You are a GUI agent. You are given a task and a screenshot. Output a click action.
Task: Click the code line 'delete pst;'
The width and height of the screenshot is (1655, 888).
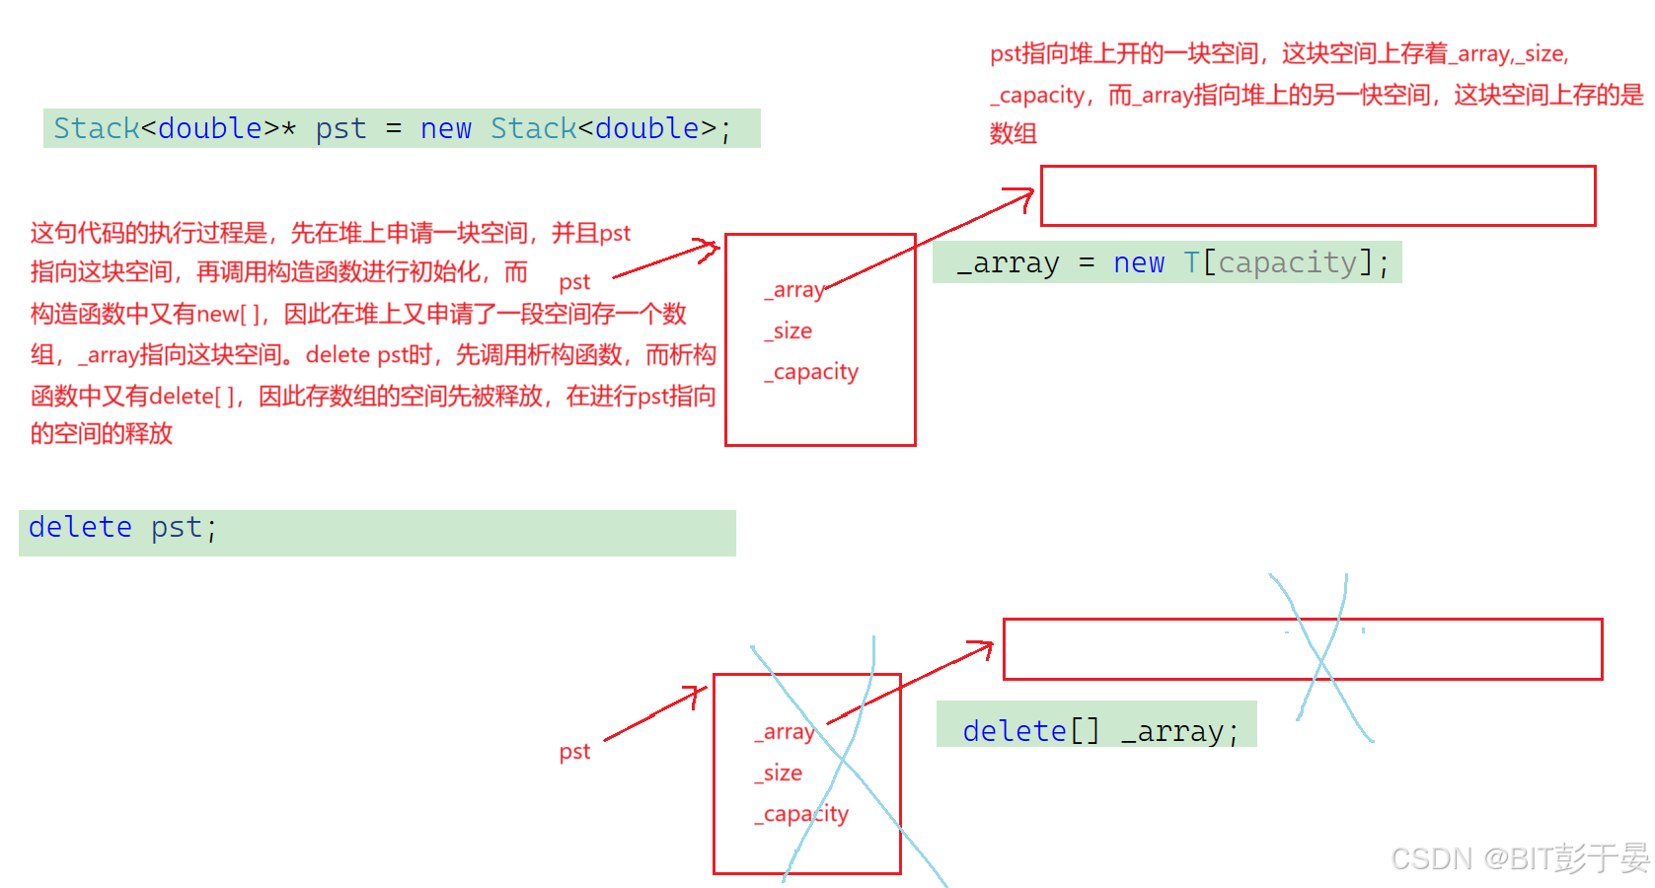(x=122, y=528)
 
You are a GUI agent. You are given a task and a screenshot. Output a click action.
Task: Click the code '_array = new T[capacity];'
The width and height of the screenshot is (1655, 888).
(x=1171, y=263)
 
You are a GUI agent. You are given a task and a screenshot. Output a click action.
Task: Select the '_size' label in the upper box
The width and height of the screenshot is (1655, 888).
(x=788, y=331)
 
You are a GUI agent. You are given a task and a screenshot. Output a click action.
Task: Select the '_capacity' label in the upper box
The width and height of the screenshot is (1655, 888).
(x=811, y=372)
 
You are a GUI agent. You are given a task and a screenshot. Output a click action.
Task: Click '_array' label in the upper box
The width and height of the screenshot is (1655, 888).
(x=793, y=289)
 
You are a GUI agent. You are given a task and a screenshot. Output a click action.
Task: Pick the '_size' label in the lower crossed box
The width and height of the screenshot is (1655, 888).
(x=778, y=773)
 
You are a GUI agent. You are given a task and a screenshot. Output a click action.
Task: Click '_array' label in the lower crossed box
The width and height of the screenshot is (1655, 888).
(x=784, y=732)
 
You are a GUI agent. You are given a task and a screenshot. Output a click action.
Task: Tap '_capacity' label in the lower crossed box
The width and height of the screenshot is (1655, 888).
(x=801, y=814)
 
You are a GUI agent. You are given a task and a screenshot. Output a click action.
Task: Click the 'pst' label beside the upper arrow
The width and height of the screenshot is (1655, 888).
(x=574, y=282)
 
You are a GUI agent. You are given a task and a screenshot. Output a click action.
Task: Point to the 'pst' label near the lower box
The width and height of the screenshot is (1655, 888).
(x=574, y=752)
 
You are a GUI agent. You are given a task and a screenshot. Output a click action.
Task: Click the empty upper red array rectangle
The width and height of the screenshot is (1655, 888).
(x=1317, y=195)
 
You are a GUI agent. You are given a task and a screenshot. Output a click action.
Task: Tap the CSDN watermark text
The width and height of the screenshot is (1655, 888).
(x=1520, y=858)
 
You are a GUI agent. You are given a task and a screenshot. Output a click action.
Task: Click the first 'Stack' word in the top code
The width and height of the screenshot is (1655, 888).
(x=97, y=128)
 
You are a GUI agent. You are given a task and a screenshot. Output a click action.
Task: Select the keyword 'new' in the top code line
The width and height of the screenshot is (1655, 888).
(x=445, y=128)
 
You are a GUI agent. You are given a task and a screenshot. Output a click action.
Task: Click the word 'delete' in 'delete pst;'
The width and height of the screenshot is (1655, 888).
(x=80, y=528)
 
